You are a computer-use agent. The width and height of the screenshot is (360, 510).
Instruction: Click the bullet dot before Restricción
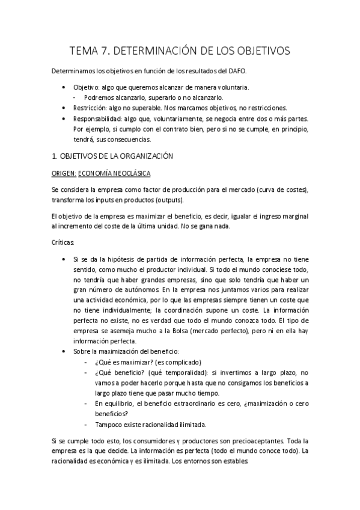64,108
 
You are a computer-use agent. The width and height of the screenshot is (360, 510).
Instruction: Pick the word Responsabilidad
94,118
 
